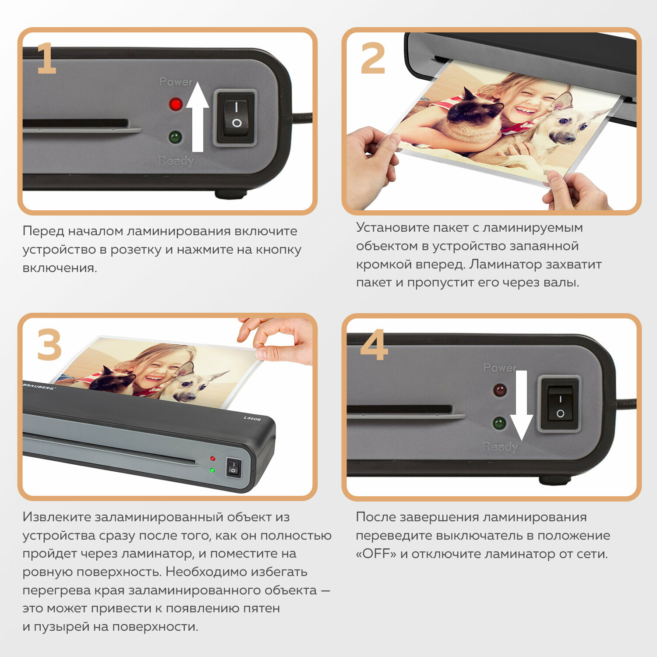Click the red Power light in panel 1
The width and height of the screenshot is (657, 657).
click(176, 104)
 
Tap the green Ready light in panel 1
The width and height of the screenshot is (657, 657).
click(175, 137)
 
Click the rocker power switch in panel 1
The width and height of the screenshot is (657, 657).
click(236, 117)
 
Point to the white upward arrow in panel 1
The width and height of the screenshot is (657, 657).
click(198, 117)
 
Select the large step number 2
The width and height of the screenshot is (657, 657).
click(373, 58)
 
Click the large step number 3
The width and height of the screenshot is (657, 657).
click(49, 345)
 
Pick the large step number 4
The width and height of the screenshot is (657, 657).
click(374, 345)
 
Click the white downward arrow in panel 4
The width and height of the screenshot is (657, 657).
click(521, 405)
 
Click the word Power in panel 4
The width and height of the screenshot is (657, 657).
click(500, 367)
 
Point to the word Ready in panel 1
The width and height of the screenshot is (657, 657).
click(176, 161)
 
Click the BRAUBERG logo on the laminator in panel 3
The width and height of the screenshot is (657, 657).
click(39, 386)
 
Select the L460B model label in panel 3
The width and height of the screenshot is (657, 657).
click(252, 419)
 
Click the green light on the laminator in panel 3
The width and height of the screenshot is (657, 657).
click(212, 470)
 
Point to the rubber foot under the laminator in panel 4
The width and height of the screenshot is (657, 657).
click(555, 480)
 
